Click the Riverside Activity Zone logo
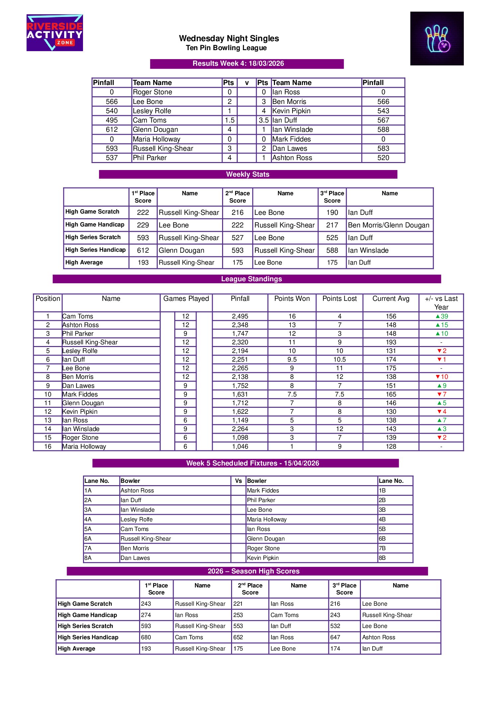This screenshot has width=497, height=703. [x=55, y=33]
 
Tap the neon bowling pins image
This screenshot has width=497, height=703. [x=437, y=39]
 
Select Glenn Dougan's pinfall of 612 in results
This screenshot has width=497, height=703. [x=112, y=130]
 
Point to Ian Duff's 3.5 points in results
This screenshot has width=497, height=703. [x=264, y=120]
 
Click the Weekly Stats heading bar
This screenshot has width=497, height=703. [x=248, y=174]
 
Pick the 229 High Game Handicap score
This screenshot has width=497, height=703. [x=143, y=225]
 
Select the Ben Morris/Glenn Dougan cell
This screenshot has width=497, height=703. [x=388, y=225]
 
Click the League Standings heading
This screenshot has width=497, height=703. [x=251, y=279]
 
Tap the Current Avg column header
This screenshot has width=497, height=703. [x=391, y=299]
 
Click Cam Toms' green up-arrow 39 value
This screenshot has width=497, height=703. [x=442, y=316]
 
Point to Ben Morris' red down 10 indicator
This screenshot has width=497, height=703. [x=442, y=377]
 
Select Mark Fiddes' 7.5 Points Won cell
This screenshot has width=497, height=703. [x=292, y=394]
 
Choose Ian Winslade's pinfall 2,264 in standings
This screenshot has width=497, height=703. [x=240, y=429]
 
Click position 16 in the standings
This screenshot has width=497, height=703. [x=48, y=446]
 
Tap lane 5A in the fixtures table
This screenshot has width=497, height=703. [x=88, y=529]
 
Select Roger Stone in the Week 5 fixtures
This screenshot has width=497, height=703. [x=263, y=548]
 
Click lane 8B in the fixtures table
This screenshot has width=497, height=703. [x=382, y=558]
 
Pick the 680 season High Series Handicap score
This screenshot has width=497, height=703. [x=146, y=637]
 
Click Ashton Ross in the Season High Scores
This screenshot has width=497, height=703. [x=378, y=637]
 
